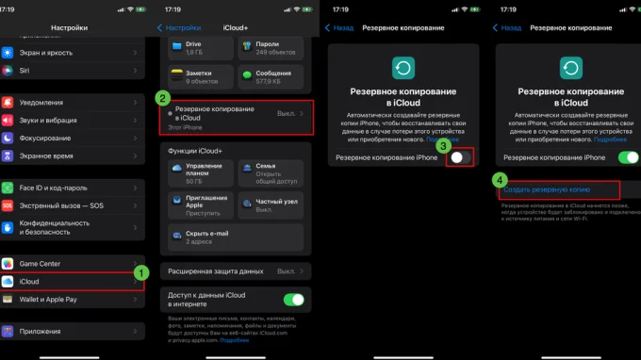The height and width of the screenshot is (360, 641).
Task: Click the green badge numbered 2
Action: [x=163, y=97]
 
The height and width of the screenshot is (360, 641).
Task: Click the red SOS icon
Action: [x=8, y=205]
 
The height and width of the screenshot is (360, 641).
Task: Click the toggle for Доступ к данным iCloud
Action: [x=294, y=301]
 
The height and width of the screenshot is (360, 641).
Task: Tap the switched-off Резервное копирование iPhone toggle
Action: [x=458, y=158]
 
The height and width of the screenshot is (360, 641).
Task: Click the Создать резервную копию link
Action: [x=541, y=189]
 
